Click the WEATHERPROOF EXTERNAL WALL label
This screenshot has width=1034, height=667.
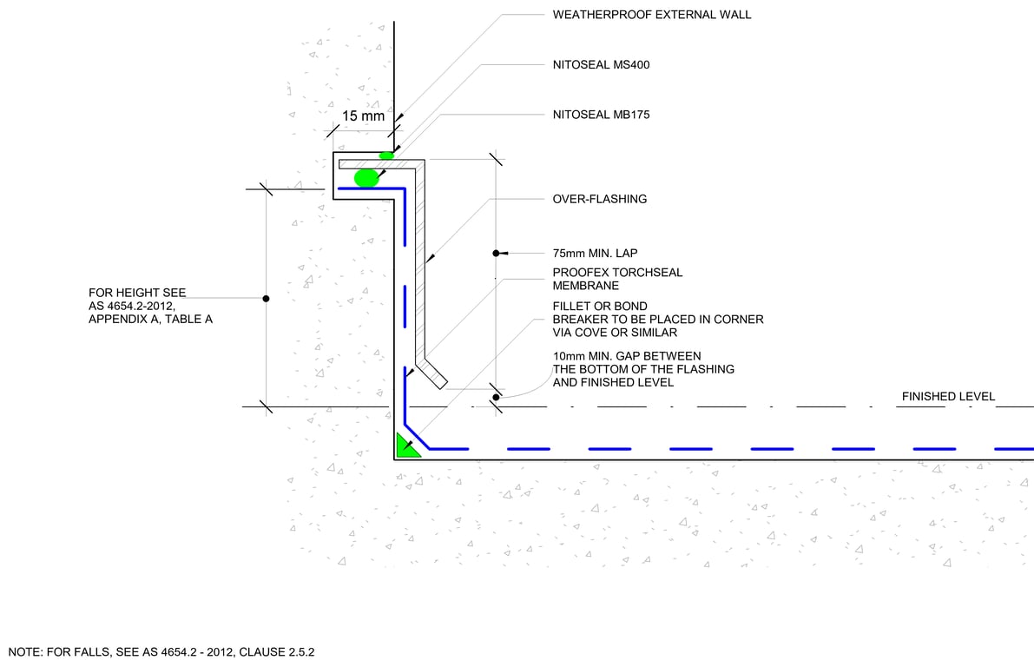(x=652, y=15)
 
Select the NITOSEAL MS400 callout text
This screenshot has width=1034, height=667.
(x=601, y=65)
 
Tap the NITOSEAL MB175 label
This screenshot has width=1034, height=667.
(x=601, y=115)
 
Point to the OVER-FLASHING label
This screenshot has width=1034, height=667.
(x=600, y=199)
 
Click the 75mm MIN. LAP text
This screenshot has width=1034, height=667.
(x=596, y=254)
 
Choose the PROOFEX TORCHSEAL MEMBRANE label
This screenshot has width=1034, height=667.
(x=617, y=279)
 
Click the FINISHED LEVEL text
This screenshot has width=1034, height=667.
(x=948, y=397)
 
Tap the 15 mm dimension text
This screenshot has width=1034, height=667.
(x=363, y=116)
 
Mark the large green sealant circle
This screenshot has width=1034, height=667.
(x=366, y=178)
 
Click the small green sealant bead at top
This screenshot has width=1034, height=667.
(x=386, y=155)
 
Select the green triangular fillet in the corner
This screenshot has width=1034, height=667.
(x=405, y=446)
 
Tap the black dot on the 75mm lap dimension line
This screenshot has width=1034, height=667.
(x=496, y=254)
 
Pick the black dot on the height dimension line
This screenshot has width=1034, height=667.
(x=266, y=299)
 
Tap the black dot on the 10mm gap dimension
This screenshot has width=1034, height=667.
(x=496, y=398)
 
